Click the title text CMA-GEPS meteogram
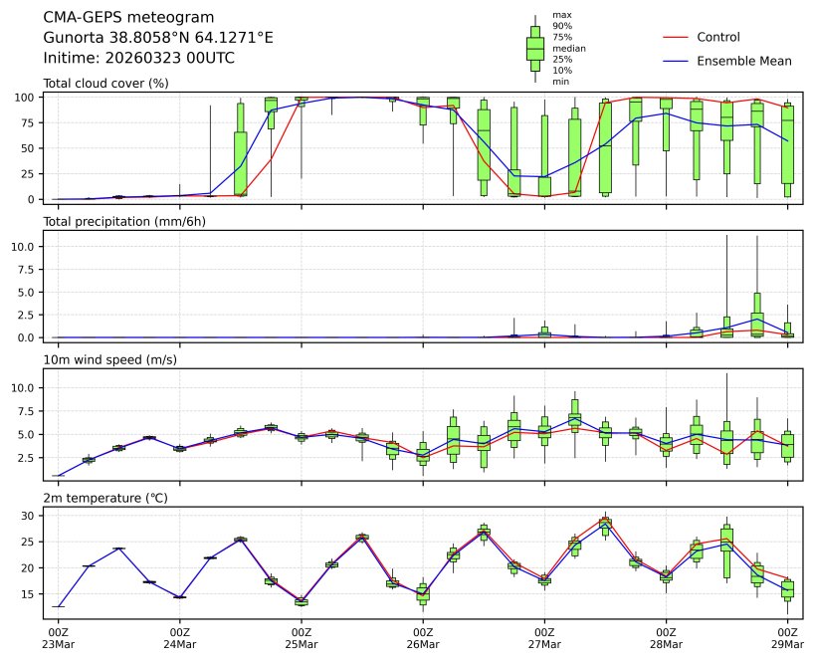click(x=115, y=17)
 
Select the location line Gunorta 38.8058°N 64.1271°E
click(x=158, y=38)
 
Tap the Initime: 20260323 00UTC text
click(x=139, y=58)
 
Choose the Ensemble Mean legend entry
click(x=743, y=61)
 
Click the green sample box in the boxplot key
click(x=535, y=48)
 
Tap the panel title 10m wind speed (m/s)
click(x=110, y=359)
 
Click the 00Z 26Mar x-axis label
click(x=423, y=637)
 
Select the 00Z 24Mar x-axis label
click(x=179, y=637)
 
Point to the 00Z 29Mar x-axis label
click(x=788, y=637)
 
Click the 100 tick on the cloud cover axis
click(x=27, y=98)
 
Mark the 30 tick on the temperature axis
click(x=30, y=516)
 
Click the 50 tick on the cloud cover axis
click(x=30, y=148)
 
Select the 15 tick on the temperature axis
click(x=30, y=594)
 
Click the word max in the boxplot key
click(x=561, y=16)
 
